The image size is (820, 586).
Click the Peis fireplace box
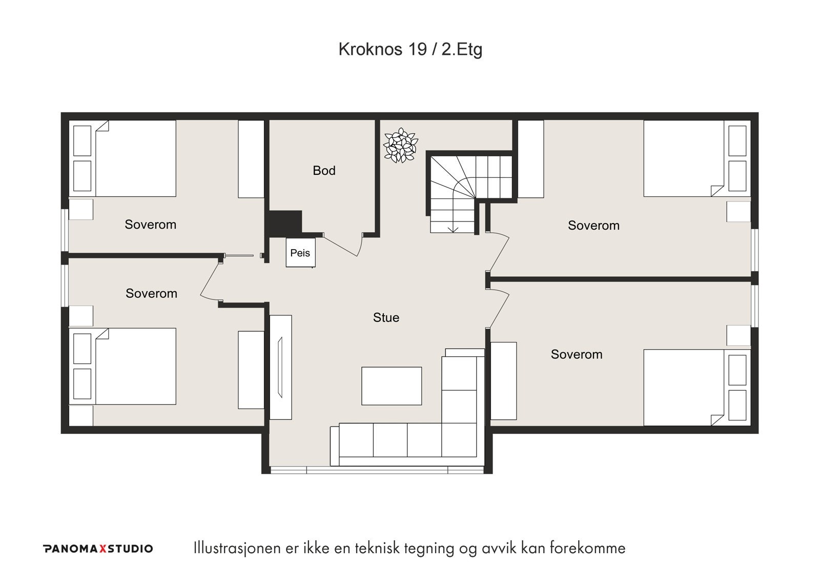(x=300, y=253)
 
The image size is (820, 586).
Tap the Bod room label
(x=324, y=171)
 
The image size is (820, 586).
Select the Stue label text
(x=386, y=318)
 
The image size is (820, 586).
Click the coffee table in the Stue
(x=392, y=386)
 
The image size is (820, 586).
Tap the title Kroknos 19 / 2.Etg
(x=410, y=49)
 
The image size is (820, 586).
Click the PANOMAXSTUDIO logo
(x=98, y=549)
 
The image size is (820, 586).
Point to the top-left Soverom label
(x=150, y=225)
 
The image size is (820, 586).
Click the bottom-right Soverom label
(x=576, y=354)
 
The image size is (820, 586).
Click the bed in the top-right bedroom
(x=684, y=158)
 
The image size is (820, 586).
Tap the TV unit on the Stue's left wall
(x=280, y=367)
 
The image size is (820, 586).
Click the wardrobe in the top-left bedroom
(x=251, y=159)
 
